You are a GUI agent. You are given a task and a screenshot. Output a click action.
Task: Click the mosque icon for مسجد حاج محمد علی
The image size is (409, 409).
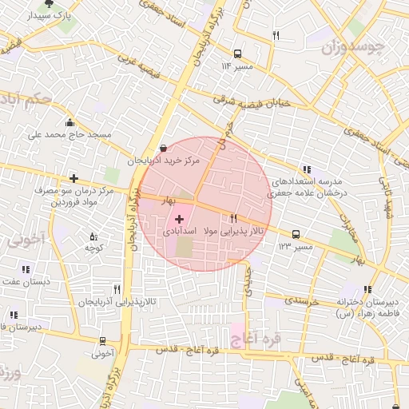(x=70, y=122)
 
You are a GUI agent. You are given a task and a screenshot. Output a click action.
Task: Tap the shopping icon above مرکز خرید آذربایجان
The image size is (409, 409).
(x=164, y=148)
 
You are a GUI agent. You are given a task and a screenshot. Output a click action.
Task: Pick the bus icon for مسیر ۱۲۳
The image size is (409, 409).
(x=296, y=235)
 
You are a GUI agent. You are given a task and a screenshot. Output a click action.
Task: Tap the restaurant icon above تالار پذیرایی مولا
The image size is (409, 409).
(x=233, y=217)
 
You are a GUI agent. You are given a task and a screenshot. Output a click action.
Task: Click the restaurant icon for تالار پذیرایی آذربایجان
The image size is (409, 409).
(x=117, y=289)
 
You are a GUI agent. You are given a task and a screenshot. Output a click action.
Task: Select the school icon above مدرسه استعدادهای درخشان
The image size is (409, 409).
(x=307, y=169)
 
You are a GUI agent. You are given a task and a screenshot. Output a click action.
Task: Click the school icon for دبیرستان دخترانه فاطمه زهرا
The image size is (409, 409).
(x=367, y=289)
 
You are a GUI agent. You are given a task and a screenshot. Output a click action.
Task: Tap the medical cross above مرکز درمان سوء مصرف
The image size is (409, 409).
(x=73, y=178)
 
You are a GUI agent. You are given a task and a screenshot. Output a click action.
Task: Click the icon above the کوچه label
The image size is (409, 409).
(x=93, y=236)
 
